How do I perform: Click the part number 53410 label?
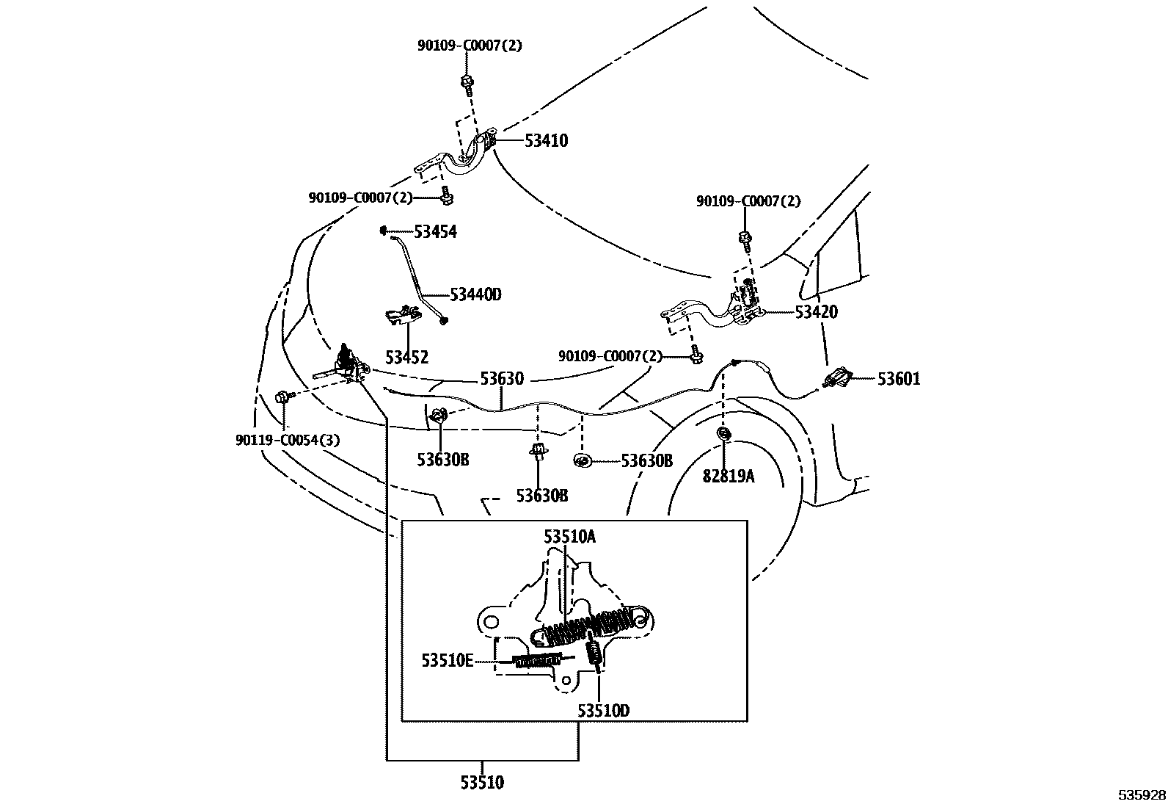(546, 141)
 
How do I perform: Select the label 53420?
(816, 312)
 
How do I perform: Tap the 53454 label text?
(435, 233)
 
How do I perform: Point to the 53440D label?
(475, 295)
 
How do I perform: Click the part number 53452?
(407, 358)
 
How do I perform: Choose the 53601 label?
(899, 379)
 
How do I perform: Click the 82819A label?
(728, 476)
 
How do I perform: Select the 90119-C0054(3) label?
(288, 440)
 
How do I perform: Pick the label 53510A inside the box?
(569, 537)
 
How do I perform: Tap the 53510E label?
(447, 660)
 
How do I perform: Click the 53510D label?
(603, 710)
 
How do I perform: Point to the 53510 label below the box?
(482, 783)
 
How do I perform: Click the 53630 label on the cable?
(502, 379)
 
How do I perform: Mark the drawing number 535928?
(1142, 795)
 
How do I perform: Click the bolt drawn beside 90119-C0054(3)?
(282, 397)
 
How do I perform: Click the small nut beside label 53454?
(383, 231)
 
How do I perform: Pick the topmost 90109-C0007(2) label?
(470, 46)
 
